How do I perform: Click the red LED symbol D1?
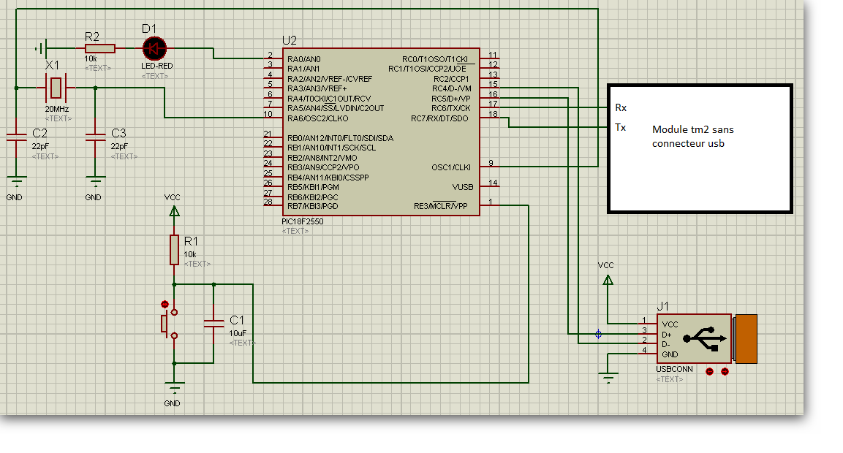(x=154, y=49)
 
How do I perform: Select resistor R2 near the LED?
(x=99, y=49)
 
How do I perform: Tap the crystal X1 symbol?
(x=56, y=88)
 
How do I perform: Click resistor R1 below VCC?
(x=174, y=249)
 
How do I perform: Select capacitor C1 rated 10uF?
(x=213, y=324)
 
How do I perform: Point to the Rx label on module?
(x=621, y=107)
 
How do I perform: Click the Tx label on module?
(x=621, y=127)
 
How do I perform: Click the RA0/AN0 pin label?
(x=305, y=59)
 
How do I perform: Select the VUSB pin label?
(x=462, y=186)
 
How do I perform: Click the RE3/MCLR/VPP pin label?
(x=440, y=206)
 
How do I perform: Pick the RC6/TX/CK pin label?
(x=450, y=108)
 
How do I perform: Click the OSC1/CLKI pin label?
(x=450, y=167)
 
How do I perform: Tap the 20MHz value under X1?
(x=57, y=109)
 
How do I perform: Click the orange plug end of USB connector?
(x=745, y=338)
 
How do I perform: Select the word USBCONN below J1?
(x=675, y=370)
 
